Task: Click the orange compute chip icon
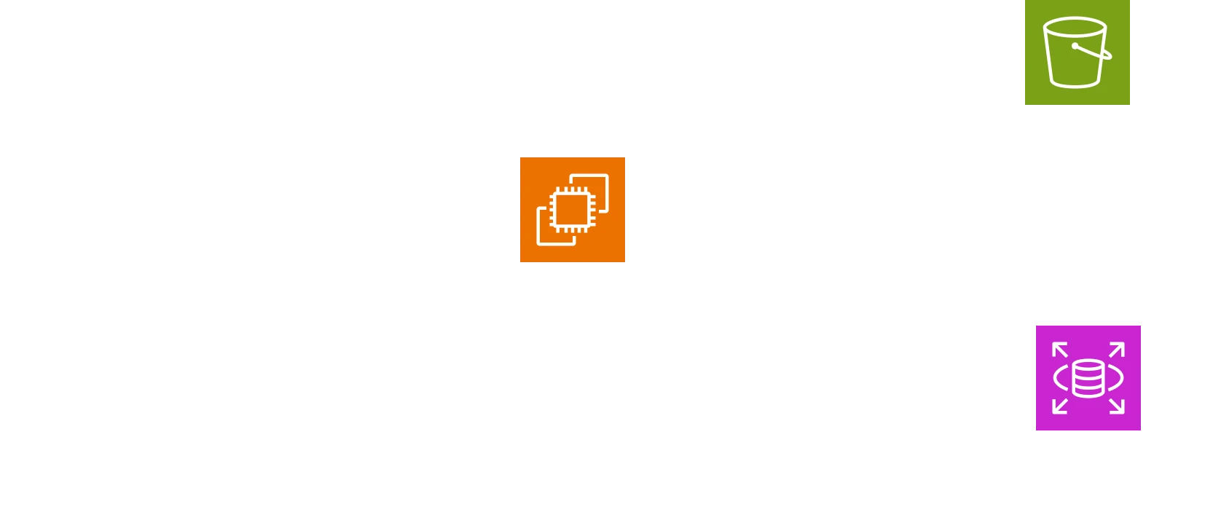(573, 210)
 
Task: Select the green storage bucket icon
(1075, 52)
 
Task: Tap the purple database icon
(1087, 376)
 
